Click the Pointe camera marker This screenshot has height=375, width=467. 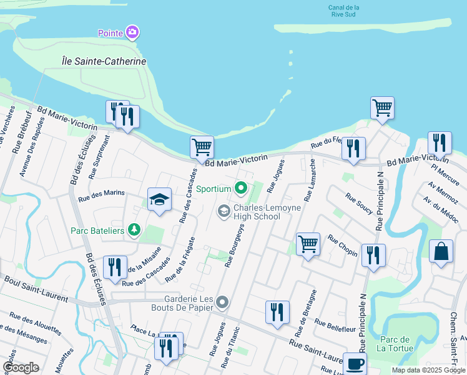(x=132, y=32)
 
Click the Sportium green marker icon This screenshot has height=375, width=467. (x=240, y=187)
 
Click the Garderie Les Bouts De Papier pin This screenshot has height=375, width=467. (x=223, y=303)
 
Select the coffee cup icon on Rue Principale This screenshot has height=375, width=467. (x=355, y=363)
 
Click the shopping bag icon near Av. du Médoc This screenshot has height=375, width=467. (x=441, y=251)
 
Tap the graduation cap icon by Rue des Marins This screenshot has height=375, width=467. (x=160, y=199)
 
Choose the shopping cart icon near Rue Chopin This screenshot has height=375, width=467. (x=308, y=243)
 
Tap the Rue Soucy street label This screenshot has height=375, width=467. (x=358, y=204)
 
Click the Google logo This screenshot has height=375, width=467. (x=21, y=367)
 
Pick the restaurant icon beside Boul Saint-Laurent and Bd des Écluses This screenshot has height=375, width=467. (x=115, y=267)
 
